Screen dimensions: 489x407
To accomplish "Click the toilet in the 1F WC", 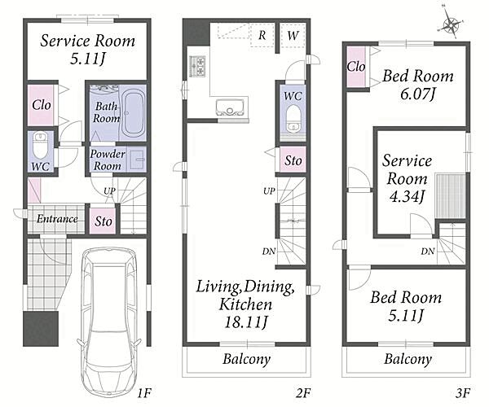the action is click(40, 145).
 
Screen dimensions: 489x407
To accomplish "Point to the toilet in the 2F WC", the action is click(293, 119).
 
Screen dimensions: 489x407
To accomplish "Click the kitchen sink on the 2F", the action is click(230, 107).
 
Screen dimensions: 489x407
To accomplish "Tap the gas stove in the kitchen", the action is click(197, 66).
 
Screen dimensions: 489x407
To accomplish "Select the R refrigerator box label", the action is click(262, 35).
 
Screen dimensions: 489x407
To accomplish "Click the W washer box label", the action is click(293, 35).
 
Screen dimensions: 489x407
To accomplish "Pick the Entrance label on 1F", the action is click(57, 219).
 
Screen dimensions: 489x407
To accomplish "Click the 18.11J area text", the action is click(246, 322).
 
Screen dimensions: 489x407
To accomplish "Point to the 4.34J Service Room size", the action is click(407, 196).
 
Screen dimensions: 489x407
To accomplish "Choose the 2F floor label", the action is click(303, 393).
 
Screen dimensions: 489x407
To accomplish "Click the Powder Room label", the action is click(108, 160).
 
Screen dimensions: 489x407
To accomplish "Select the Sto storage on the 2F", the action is click(293, 160).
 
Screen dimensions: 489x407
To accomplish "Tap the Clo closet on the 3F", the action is click(356, 66).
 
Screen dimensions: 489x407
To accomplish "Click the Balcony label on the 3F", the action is click(407, 359).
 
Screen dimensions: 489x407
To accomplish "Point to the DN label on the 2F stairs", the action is click(268, 251).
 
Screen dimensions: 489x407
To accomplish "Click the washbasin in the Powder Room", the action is click(137, 159).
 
